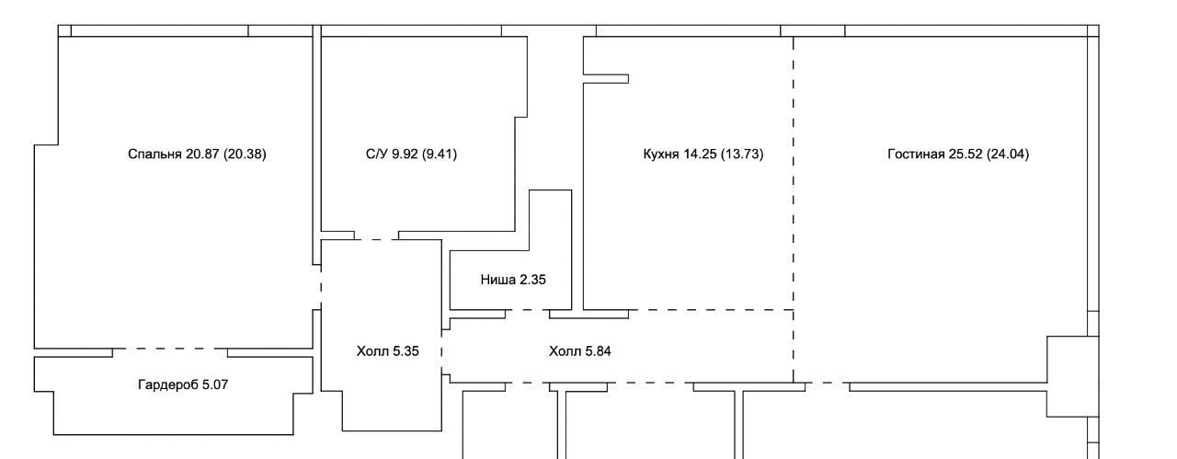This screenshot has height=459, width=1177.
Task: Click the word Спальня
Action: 154,154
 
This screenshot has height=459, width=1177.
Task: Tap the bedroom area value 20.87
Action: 202,154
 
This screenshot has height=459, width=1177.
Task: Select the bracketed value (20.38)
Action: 245,154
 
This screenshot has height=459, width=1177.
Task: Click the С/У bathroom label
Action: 377,154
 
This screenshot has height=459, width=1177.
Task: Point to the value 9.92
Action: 405,154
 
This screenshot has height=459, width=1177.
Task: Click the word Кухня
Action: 661,154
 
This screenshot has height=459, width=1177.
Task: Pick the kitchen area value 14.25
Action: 700,154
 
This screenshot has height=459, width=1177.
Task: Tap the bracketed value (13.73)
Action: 742,154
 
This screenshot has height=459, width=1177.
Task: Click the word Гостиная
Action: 916,154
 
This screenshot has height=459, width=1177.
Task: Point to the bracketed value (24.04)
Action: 1008,154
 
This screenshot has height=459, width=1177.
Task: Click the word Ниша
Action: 498,280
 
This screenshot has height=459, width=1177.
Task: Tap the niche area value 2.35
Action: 532,280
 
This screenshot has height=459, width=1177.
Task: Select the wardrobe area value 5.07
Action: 215,384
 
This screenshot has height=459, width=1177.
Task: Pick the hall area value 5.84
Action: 598,351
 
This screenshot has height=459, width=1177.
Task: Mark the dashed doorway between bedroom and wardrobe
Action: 170,349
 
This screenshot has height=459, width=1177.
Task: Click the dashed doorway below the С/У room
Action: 376,240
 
